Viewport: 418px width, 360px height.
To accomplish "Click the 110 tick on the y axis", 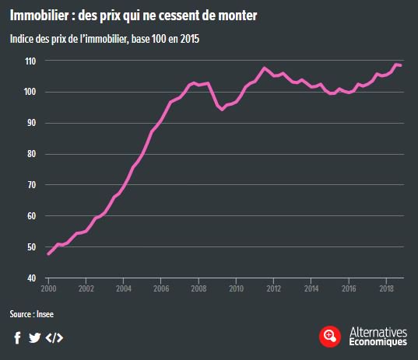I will [x=32, y=61].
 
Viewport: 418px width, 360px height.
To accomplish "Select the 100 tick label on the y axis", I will [x=32, y=92].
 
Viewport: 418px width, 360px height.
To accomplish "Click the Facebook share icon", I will [x=17, y=337].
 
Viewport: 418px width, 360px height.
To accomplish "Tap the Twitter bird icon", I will [x=34, y=337].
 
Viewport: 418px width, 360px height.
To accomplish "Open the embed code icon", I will [x=54, y=337].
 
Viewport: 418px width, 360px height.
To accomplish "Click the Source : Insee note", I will [x=32, y=314].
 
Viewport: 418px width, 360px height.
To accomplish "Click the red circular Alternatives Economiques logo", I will [x=331, y=336].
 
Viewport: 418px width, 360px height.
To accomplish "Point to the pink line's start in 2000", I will [x=48, y=254].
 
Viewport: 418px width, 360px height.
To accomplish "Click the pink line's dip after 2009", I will [x=223, y=110].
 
